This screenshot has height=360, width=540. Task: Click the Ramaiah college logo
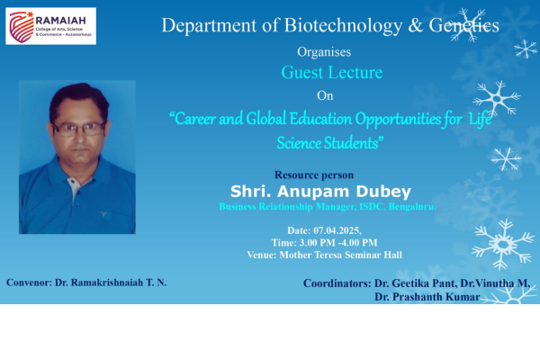tap(50, 26)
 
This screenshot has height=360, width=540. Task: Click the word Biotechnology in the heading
tap(343, 25)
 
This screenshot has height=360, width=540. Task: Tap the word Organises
tap(324, 51)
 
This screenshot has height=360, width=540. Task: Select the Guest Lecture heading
tap(331, 72)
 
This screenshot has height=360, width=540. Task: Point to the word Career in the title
tap(193, 119)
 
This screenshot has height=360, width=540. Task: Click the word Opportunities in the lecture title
tap(398, 119)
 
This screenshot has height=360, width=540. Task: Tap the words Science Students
tap(329, 142)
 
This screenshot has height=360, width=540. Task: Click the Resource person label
tap(314, 175)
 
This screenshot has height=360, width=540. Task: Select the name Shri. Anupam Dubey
tap(320, 192)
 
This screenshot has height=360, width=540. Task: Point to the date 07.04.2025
tap(337, 230)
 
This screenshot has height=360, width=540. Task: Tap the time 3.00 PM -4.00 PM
tap(338, 242)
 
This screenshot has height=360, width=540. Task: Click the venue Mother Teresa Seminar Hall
tap(340, 255)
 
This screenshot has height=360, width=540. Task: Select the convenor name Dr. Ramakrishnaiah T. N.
tap(111, 283)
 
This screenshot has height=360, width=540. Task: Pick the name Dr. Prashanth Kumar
tap(427, 297)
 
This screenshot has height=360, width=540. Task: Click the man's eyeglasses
tap(79, 129)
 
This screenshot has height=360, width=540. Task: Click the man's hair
tap(79, 100)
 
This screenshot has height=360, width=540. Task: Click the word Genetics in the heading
tap(463, 25)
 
